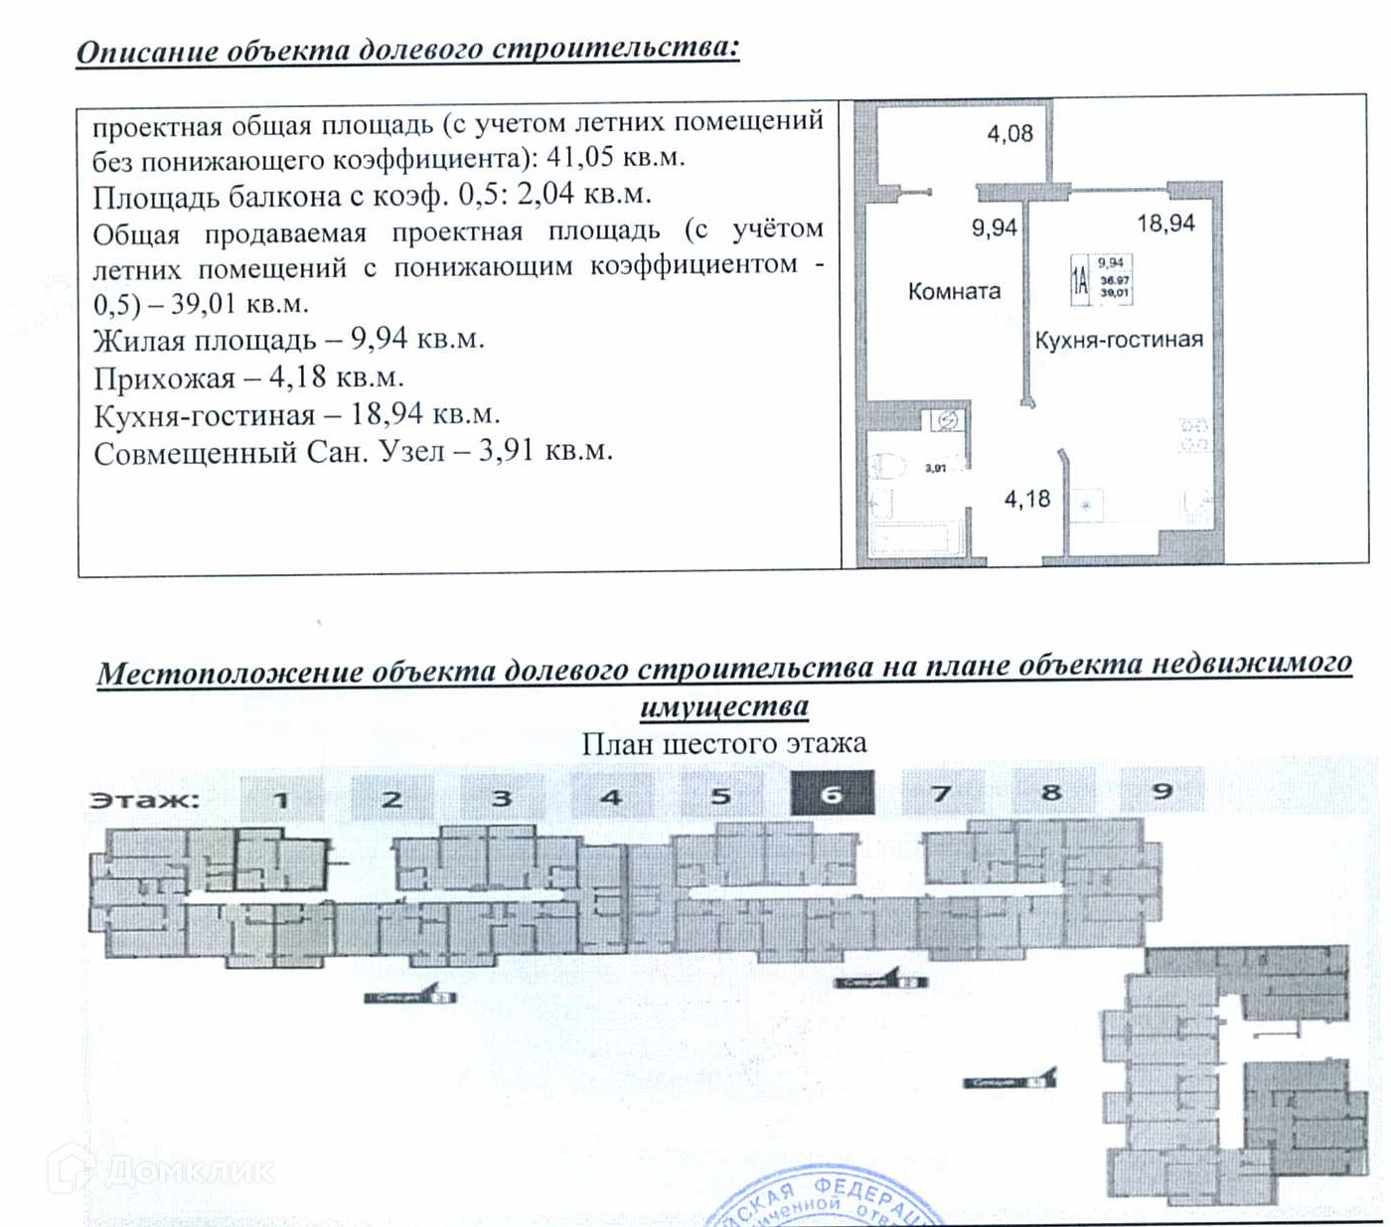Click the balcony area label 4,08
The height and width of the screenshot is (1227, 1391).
[1009, 133]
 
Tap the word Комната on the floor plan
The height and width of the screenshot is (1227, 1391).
[954, 291]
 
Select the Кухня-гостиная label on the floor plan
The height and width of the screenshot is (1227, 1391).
[1118, 340]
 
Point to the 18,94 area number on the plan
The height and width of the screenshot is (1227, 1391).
[1165, 224]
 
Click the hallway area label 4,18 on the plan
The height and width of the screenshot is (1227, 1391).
[1027, 499]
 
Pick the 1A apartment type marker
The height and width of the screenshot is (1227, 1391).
[1079, 278]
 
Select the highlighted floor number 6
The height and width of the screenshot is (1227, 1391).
[832, 794]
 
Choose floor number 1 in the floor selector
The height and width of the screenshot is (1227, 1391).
[281, 798]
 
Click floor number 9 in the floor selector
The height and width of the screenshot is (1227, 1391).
[1161, 792]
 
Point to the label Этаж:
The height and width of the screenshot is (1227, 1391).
[144, 800]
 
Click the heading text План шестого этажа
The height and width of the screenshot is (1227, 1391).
[723, 743]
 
